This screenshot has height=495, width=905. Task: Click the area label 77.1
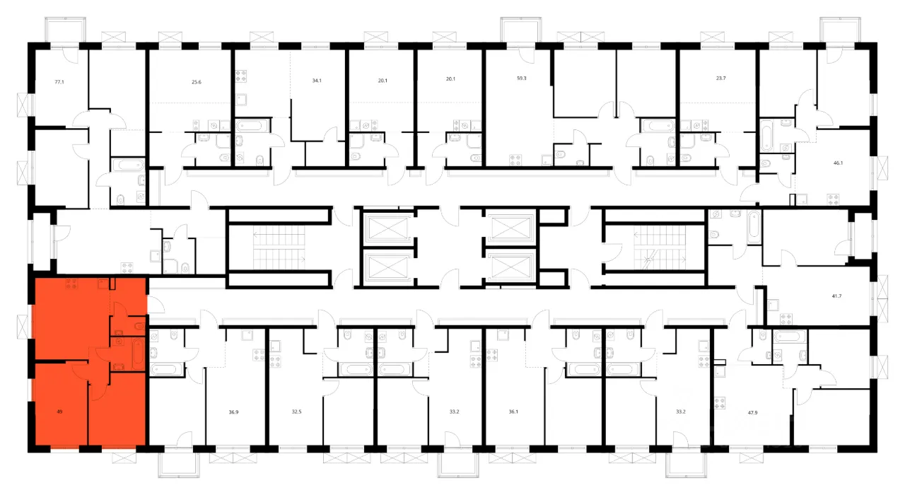pyautogui.click(x=59, y=82)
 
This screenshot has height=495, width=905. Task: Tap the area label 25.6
pyautogui.click(x=197, y=82)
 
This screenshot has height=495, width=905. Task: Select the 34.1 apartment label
pyautogui.click(x=317, y=81)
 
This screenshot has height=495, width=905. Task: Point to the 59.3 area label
pyautogui.click(x=522, y=78)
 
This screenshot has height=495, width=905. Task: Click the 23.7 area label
pyautogui.click(x=720, y=78)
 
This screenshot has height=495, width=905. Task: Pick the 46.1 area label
pyautogui.click(x=839, y=163)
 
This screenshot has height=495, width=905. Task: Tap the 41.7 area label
pyautogui.click(x=836, y=296)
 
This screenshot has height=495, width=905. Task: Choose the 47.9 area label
pyautogui.click(x=753, y=413)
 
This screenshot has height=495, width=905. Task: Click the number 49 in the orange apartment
pyautogui.click(x=60, y=412)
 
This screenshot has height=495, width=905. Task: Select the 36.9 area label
pyautogui.click(x=233, y=412)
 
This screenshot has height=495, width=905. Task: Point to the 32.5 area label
pyautogui.click(x=296, y=412)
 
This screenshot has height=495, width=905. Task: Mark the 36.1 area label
pyautogui.click(x=513, y=412)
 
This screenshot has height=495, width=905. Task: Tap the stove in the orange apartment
pyautogui.click(x=71, y=284)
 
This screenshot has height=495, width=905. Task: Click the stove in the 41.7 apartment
pyautogui.click(x=786, y=319)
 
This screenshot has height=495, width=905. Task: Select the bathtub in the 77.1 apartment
pyautogui.click(x=128, y=165)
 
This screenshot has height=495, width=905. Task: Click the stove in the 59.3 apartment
pyautogui.click(x=515, y=160)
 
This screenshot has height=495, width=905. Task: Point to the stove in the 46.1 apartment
pyautogui.click(x=833, y=199)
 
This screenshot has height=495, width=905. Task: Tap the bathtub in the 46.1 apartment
pyautogui.click(x=766, y=134)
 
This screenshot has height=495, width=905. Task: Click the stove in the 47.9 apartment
pyautogui.click(x=720, y=403)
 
